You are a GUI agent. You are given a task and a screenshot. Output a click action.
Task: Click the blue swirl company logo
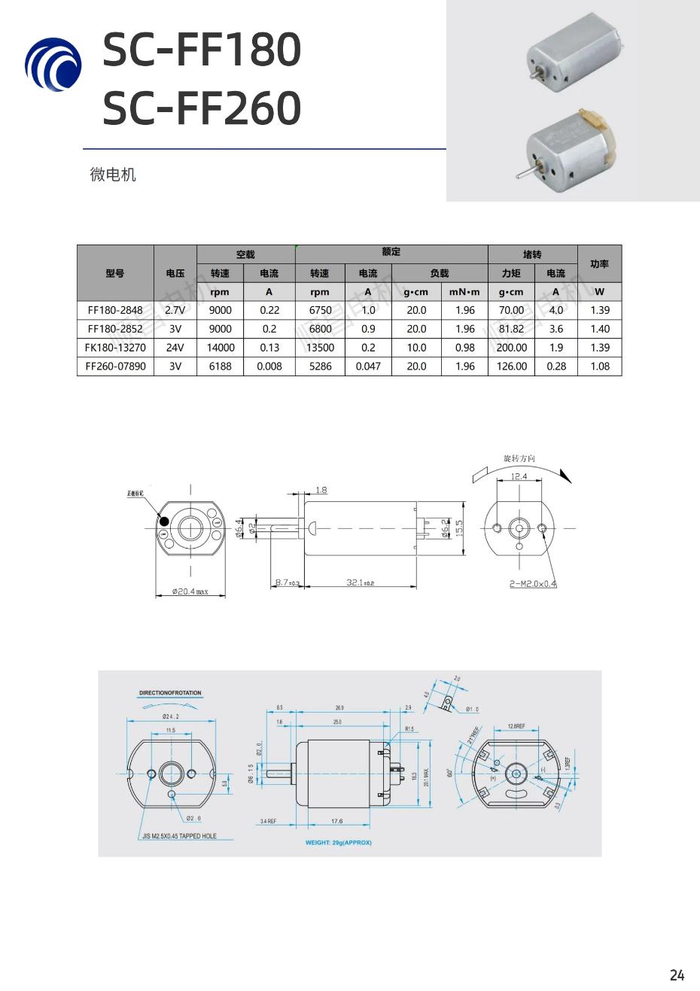[53, 65]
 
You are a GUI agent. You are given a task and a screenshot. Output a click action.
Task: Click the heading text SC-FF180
[202, 50]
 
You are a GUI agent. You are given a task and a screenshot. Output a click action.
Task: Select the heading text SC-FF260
[202, 108]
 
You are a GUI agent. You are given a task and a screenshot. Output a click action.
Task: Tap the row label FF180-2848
[115, 310]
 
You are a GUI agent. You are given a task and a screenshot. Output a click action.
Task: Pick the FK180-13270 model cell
[115, 348]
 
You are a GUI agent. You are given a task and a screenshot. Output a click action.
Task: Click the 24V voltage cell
[175, 348]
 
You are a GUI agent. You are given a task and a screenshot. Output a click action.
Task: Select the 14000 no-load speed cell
[221, 348]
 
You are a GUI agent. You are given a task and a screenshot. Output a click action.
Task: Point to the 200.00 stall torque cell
[512, 348]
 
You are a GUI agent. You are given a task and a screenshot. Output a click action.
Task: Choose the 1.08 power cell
[600, 366]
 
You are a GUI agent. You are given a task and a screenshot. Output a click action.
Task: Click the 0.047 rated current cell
[368, 366]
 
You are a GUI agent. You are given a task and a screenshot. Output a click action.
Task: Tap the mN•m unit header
[464, 292]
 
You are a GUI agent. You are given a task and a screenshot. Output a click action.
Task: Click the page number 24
[677, 975]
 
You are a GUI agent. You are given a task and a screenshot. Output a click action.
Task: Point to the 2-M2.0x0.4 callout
[533, 584]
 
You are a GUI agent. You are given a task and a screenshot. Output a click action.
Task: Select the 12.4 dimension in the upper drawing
[519, 476]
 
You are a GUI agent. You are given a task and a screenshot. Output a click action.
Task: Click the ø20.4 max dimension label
[190, 591]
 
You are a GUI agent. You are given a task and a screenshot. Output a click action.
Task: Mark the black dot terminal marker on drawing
[164, 520]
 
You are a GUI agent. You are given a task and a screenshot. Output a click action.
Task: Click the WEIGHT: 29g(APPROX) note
[339, 843]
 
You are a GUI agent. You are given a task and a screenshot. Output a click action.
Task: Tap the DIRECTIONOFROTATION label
[170, 693]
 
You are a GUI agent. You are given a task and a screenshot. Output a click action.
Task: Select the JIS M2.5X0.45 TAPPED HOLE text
[179, 836]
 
